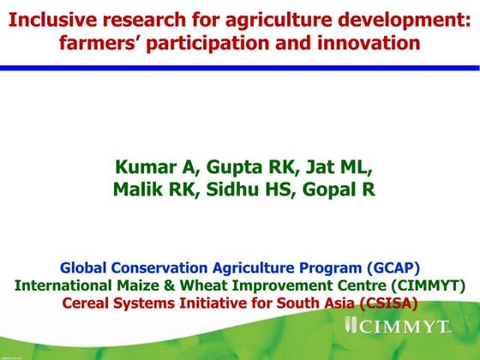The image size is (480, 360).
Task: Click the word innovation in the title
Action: (x=369, y=41)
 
